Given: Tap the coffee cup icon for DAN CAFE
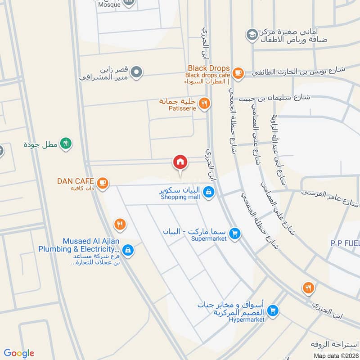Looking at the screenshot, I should pos(103,182).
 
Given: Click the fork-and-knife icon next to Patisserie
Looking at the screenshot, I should pos(204,103).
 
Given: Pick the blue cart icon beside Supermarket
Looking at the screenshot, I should pos(234,233).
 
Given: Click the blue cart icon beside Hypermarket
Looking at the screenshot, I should pos(272,310).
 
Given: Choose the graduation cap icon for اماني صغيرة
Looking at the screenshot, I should pos(251,34).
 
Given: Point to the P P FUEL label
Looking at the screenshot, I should pos(345,243).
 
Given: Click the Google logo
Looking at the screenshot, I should pos(19,353).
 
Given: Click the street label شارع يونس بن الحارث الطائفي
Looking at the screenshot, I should pos(298,71).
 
